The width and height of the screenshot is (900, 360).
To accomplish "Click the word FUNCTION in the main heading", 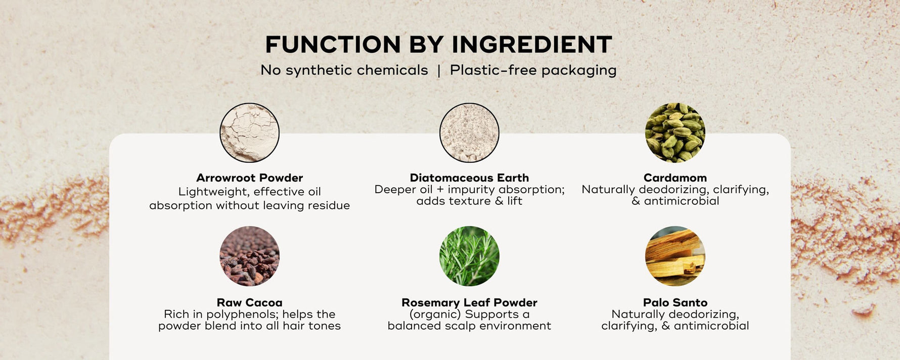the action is click(333, 44).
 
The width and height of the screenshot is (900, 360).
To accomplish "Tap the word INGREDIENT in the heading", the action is click(531, 44).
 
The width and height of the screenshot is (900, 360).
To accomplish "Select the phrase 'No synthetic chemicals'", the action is click(344, 70).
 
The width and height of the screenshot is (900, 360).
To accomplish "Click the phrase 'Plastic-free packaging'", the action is click(533, 70).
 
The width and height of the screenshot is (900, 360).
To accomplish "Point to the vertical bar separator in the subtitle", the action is click(439, 71).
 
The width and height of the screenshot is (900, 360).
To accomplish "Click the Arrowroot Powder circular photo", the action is click(249, 132).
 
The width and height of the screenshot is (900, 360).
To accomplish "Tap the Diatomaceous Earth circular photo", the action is click(469, 132).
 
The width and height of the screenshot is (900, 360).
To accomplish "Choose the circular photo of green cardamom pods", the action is click(675, 132).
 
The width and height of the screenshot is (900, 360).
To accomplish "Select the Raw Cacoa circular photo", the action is click(249, 256).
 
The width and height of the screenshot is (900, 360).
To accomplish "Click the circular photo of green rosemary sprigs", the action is click(469, 256).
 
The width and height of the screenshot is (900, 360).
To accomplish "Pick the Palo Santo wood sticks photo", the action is click(675, 256).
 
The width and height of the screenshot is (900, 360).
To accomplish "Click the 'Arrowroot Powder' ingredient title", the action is click(249, 178).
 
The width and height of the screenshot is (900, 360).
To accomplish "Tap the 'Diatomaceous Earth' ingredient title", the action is click(469, 178).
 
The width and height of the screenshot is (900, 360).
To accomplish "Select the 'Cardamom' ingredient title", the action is click(675, 178).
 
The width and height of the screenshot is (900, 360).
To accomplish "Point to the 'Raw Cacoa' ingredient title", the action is click(249, 302).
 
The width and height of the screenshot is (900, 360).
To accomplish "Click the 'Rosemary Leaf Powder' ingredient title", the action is click(469, 302).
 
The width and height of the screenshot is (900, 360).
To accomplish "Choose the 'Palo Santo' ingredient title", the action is click(675, 302).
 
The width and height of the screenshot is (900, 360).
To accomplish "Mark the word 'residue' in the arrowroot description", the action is click(329, 205).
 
